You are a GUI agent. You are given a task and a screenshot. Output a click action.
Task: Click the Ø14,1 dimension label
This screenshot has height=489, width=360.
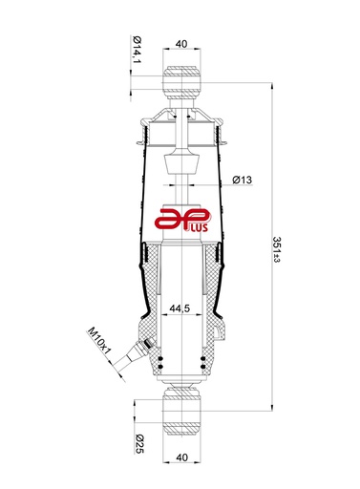click(x=137, y=50)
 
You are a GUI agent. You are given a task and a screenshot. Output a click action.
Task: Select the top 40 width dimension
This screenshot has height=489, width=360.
click(x=181, y=44)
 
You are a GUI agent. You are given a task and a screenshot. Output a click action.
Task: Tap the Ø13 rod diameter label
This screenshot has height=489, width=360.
click(x=242, y=180)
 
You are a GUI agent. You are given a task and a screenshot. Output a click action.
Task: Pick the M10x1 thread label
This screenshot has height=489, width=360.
click(x=99, y=341)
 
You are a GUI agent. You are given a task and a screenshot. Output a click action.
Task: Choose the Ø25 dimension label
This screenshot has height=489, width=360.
click(x=139, y=443)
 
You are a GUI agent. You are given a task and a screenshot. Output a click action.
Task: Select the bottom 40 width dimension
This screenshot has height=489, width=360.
click(x=181, y=457)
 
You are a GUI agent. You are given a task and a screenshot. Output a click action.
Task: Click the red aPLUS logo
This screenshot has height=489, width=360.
click(x=181, y=220)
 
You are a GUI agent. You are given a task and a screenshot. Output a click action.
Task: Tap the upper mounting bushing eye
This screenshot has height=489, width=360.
click(x=181, y=83)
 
